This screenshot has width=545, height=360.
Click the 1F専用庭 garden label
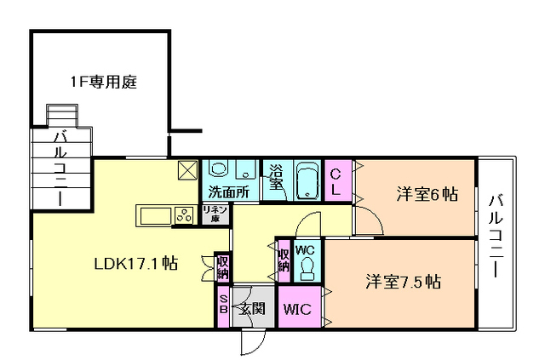(104, 83)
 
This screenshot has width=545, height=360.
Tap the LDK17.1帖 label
(135, 263)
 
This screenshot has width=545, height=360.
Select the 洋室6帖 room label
(427, 195)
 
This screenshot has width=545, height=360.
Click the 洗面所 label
(229, 192)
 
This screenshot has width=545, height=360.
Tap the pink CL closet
(336, 180)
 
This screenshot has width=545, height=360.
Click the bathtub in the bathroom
(306, 180)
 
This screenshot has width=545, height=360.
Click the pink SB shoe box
(223, 304)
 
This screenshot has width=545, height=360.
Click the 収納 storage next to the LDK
(222, 267)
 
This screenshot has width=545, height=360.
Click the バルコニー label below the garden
(60, 168)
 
